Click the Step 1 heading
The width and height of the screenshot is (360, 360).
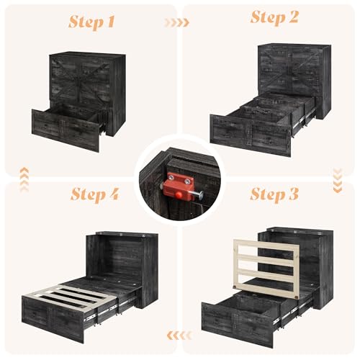[91, 22]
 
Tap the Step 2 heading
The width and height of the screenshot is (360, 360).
[274, 17]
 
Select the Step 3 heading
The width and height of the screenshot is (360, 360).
[274, 194]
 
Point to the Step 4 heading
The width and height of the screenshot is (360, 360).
[95, 194]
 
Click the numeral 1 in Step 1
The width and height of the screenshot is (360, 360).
[109, 22]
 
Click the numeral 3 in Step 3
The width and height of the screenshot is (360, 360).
[292, 194]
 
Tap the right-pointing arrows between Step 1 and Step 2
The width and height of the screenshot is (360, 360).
[177, 22]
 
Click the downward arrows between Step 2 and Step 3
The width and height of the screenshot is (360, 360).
[338, 181]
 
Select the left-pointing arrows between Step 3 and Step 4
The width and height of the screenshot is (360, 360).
[179, 336]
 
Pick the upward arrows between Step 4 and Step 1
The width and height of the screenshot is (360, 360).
[24, 179]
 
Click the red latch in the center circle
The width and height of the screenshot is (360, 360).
[179, 186]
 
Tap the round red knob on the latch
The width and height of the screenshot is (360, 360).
[178, 195]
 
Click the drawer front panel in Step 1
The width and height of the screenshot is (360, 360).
[66, 130]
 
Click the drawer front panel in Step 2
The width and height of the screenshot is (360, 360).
[251, 135]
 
